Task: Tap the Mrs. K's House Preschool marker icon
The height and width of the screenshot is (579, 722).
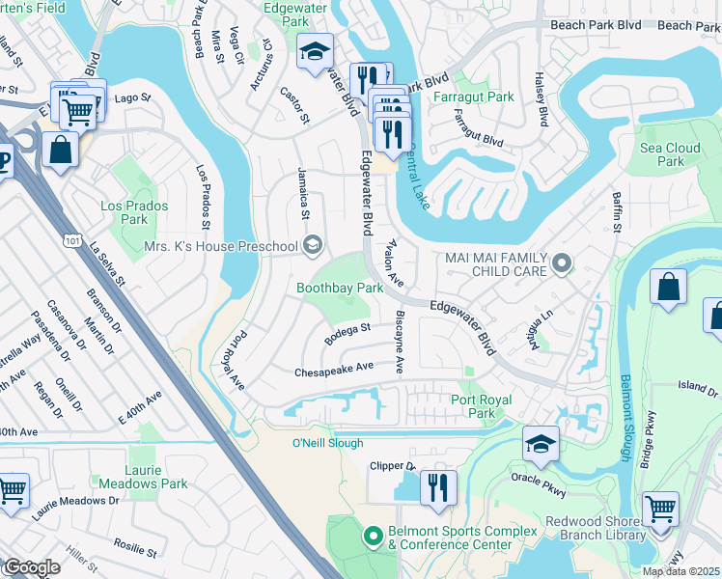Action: click(x=312, y=246)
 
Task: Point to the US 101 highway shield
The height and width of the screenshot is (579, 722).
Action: click(x=72, y=246)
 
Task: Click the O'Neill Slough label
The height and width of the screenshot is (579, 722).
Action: click(x=327, y=443)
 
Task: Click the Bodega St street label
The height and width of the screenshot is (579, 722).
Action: click(x=347, y=335)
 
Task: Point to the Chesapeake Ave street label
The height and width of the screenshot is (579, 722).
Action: click(x=334, y=369)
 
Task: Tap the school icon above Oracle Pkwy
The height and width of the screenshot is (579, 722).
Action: click(x=541, y=444)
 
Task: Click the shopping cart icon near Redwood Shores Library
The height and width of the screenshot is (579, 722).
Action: click(x=660, y=509)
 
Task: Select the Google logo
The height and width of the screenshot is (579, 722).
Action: click(x=32, y=567)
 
